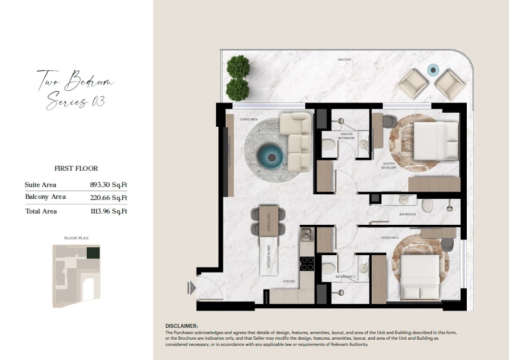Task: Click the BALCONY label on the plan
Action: click(x=345, y=59)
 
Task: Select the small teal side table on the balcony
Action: click(x=433, y=70)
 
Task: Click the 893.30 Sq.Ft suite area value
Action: click(x=109, y=185)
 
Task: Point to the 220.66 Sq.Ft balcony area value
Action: click(x=109, y=198)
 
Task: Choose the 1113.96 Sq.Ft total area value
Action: click(x=109, y=212)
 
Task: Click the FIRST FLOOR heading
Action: click(x=76, y=168)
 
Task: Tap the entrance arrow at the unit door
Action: click(x=192, y=288)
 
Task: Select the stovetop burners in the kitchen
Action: click(x=307, y=263)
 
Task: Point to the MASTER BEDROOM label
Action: click(x=389, y=166)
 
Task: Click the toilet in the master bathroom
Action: click(x=328, y=145)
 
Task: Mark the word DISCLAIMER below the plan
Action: click(x=181, y=326)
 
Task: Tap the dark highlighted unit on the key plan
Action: click(x=93, y=253)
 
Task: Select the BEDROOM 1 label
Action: click(x=390, y=238)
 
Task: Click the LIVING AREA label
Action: click(x=249, y=119)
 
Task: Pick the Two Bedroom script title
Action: click(x=75, y=81)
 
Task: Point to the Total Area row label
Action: click(x=41, y=211)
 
